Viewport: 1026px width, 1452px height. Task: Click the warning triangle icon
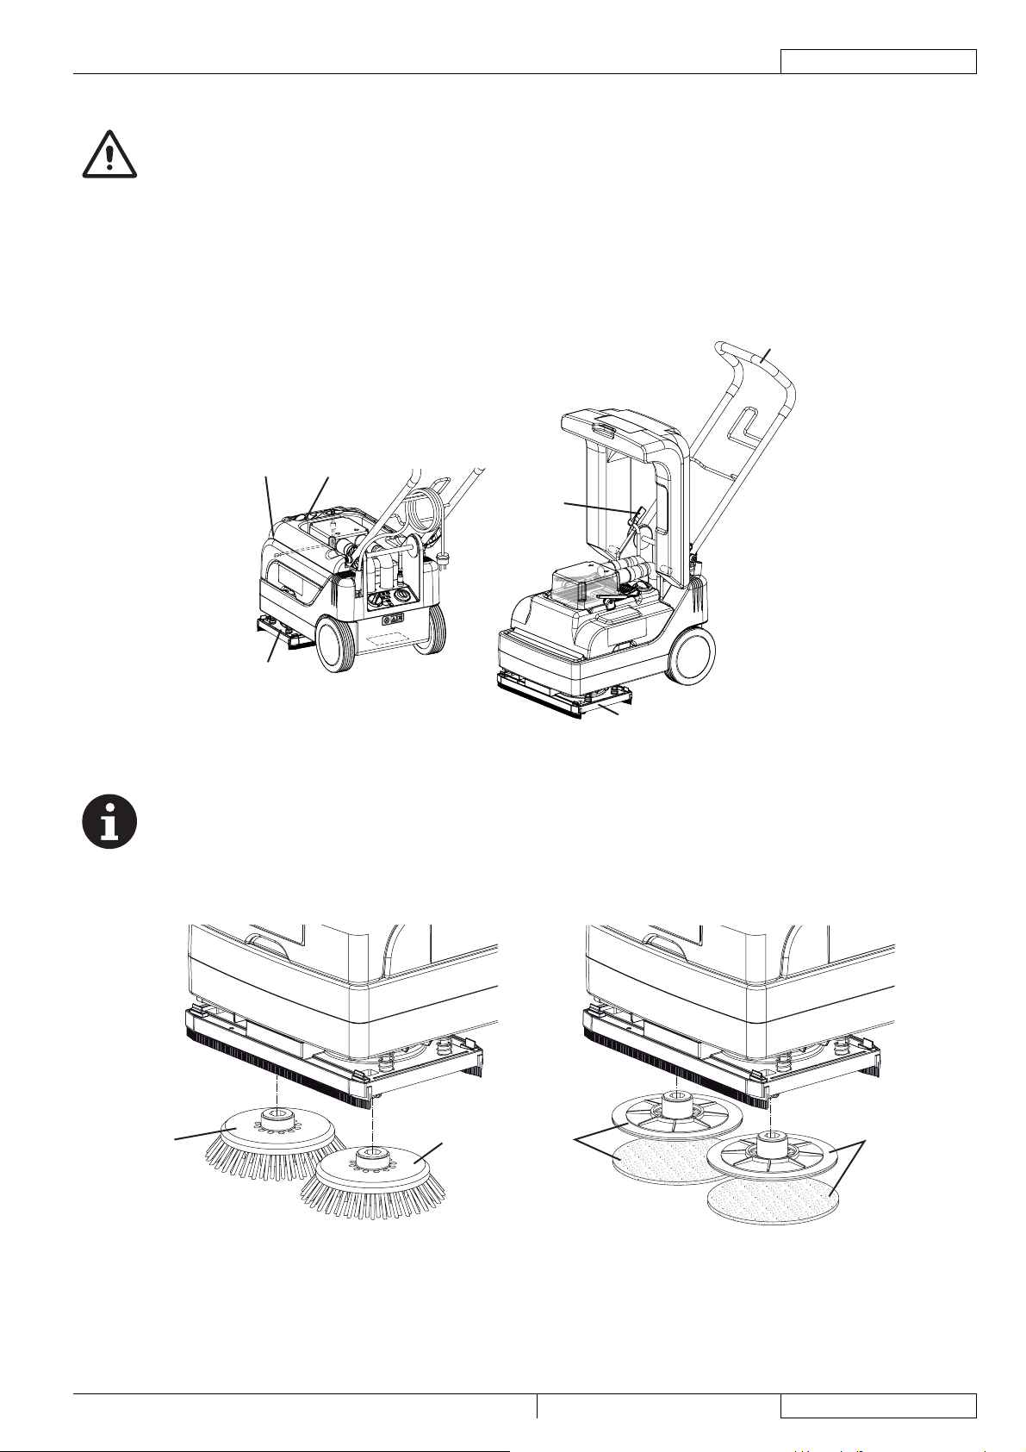(109, 155)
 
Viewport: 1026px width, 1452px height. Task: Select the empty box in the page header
(878, 61)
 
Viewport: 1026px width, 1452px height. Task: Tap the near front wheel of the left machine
(337, 643)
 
